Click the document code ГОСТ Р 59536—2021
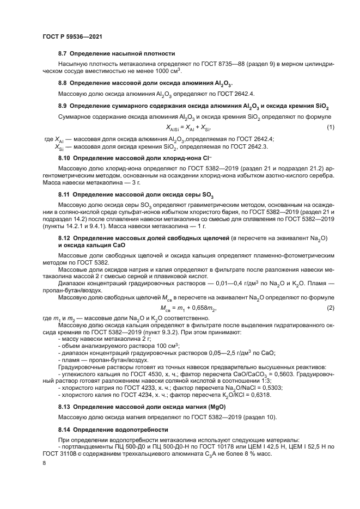pyautogui.click(x=72, y=36)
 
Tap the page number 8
pyautogui.click(x=45, y=463)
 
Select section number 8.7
pyautogui.click(x=64, y=53)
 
